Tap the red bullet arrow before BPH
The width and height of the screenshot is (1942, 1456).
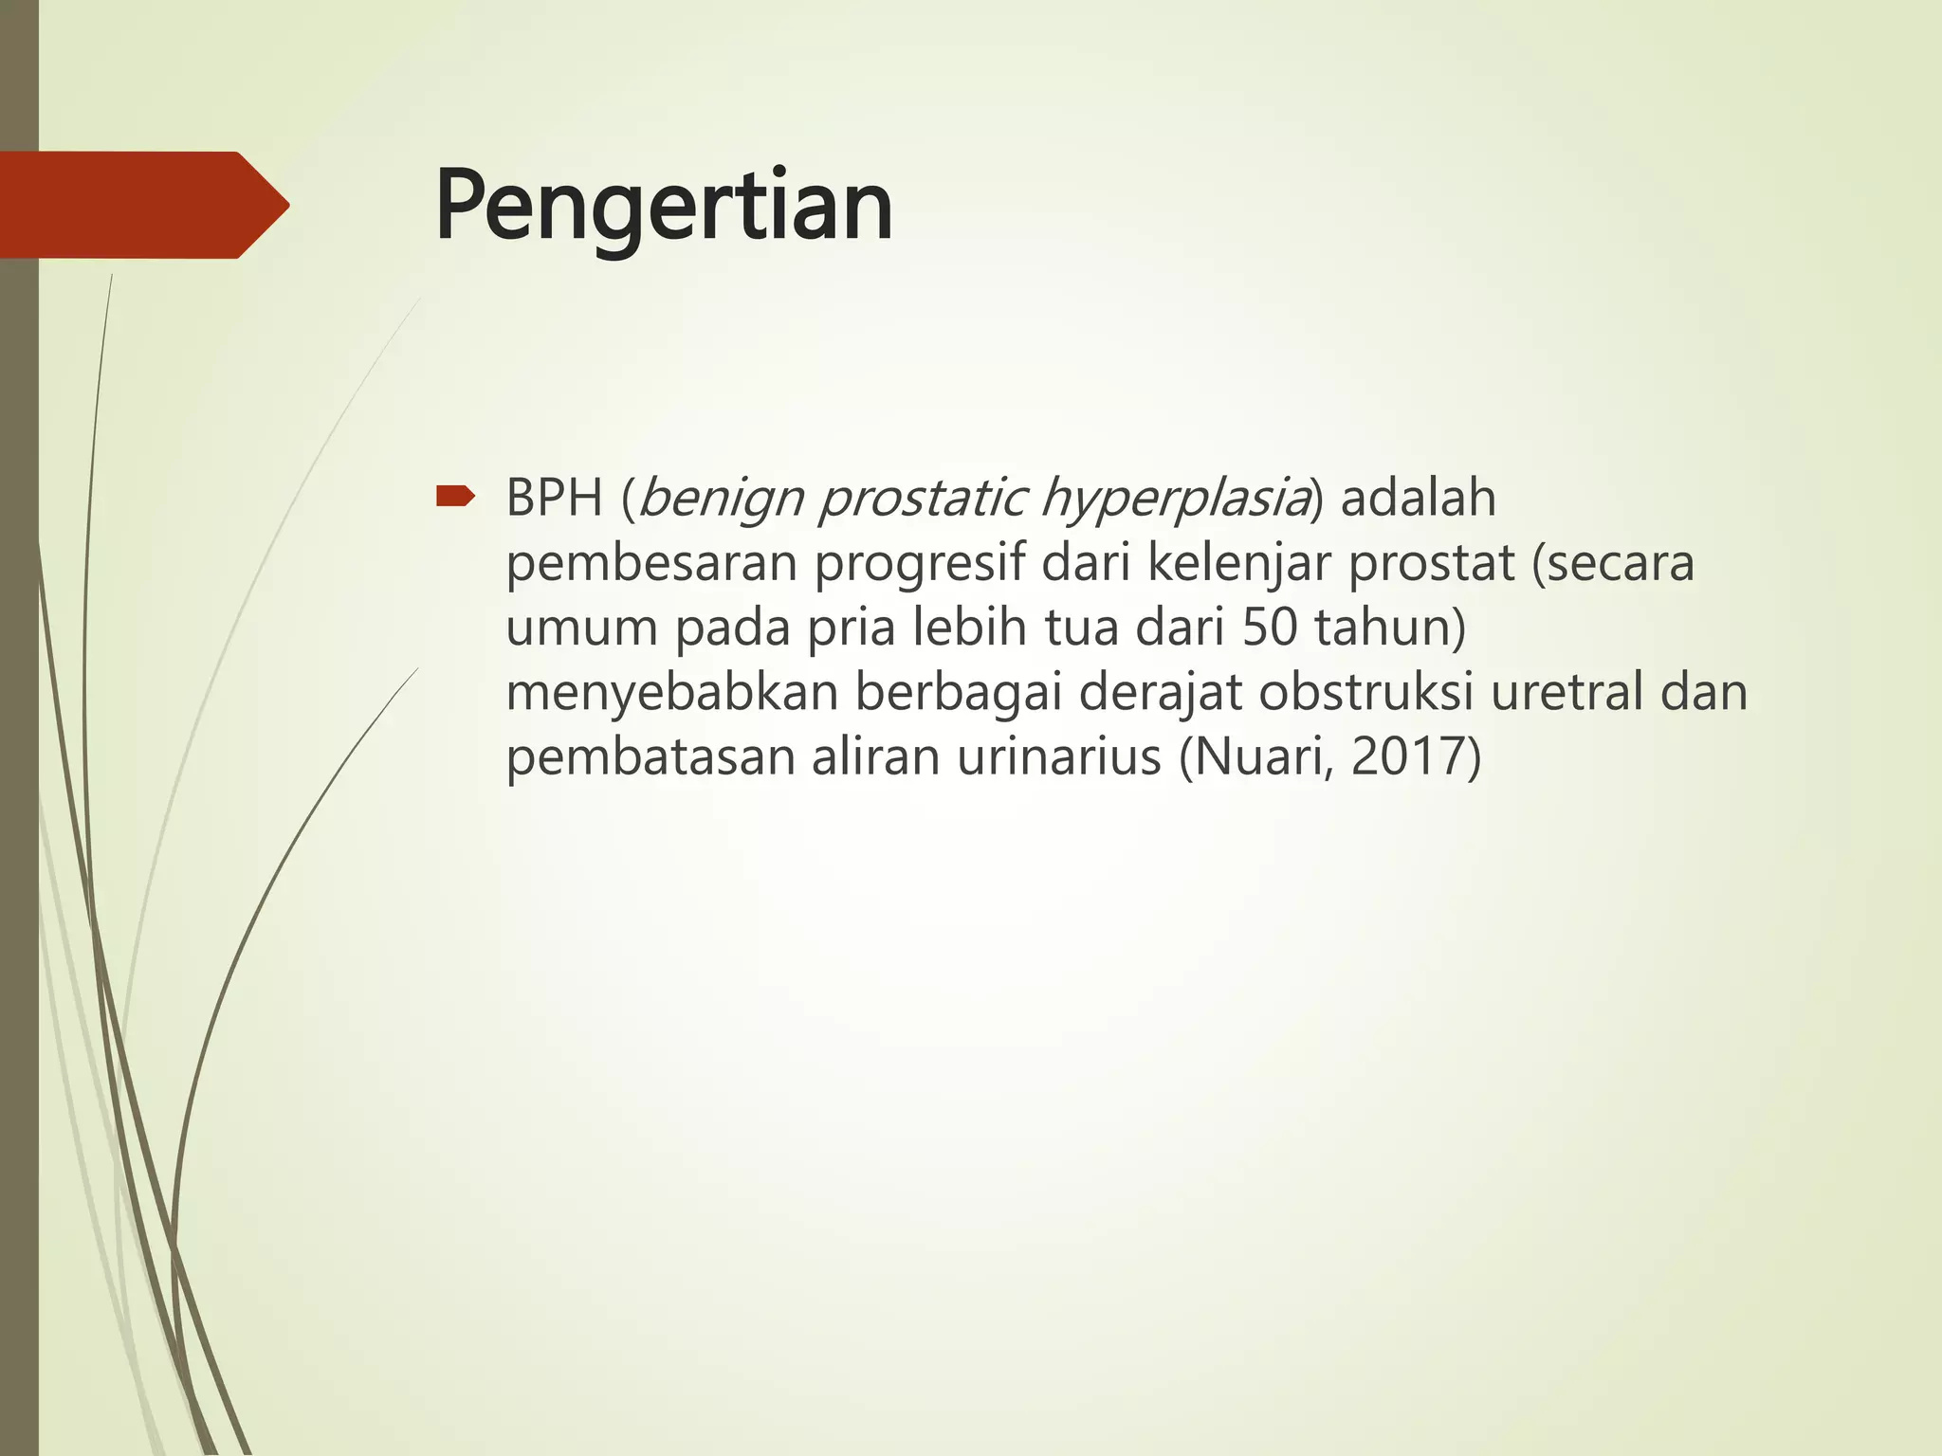tap(454, 496)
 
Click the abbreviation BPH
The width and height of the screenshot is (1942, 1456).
tap(555, 499)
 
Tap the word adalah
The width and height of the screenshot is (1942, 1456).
tap(1418, 499)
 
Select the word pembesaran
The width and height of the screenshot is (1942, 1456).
tap(651, 563)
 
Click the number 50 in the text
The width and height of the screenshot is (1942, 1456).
tap(1269, 628)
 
